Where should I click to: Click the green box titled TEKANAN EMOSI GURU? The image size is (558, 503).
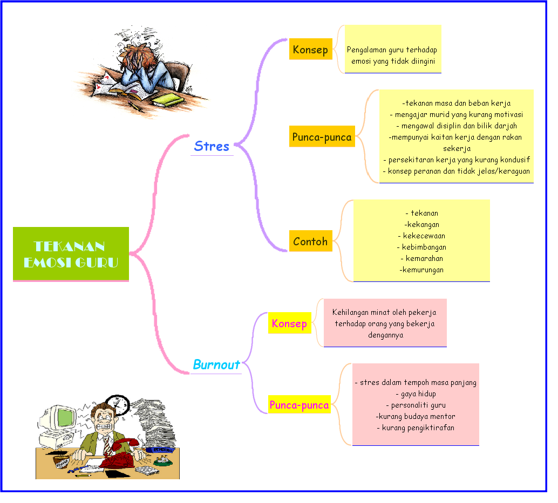point(71,254)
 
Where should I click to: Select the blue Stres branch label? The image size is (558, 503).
point(212,146)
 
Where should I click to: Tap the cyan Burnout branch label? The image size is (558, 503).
point(216,365)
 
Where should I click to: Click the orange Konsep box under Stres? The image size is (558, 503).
point(310,50)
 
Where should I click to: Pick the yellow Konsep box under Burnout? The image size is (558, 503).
point(289,323)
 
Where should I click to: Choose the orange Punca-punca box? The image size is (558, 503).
point(322,137)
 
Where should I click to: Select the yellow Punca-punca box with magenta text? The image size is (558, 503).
point(300,405)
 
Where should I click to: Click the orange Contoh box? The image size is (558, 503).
point(310,242)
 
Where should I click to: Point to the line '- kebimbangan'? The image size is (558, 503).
point(421,247)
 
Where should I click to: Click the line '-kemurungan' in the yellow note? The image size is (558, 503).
point(421,270)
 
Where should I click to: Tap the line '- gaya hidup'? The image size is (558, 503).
point(415,394)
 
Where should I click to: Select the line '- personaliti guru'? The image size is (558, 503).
point(415,405)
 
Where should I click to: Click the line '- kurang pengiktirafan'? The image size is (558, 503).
point(415,428)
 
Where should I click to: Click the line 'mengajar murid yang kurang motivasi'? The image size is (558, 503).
point(456,114)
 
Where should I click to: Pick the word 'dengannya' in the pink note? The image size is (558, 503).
point(385,335)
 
